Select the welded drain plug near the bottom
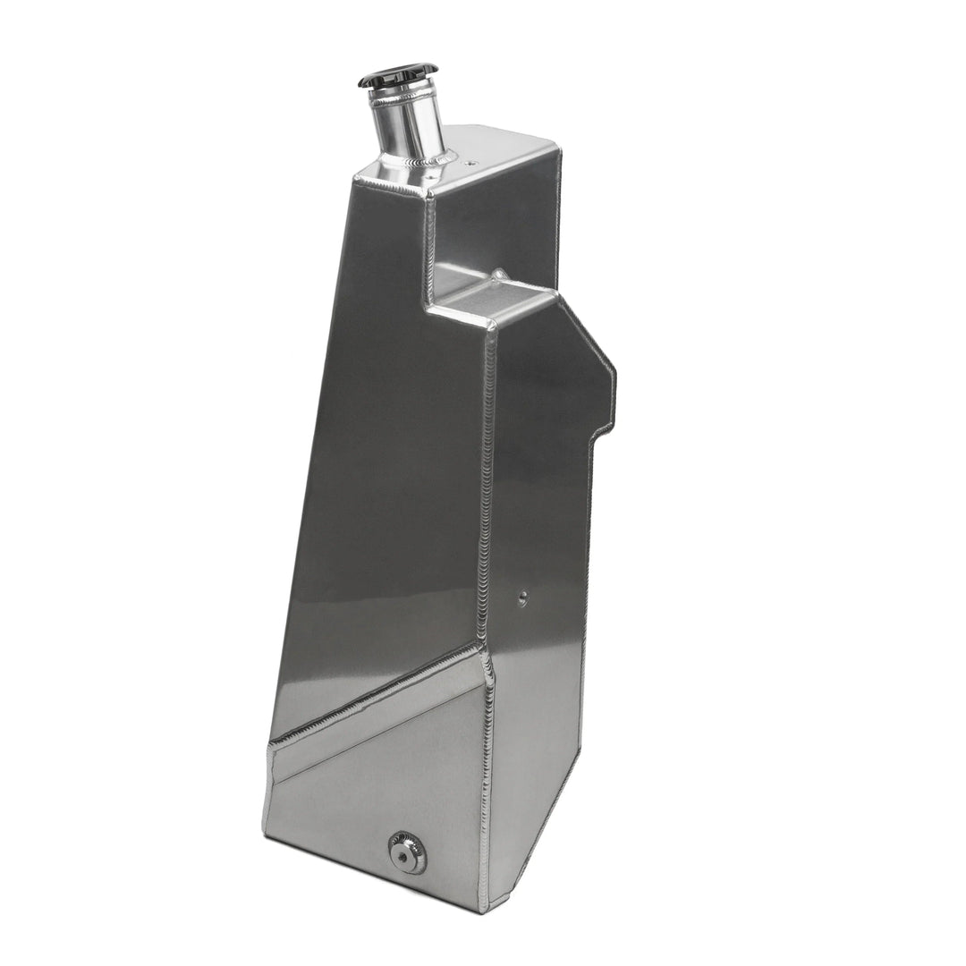tap(407, 852)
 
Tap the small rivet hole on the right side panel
tap(522, 597)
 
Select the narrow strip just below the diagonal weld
tap(376, 716)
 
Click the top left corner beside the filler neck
tap(358, 179)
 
